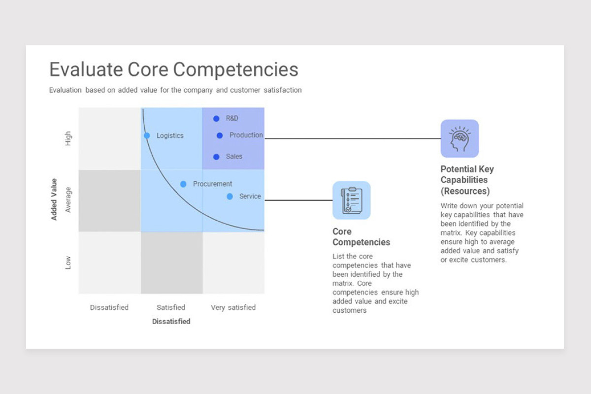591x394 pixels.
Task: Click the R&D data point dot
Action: pos(216,119)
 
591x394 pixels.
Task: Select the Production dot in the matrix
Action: pos(220,135)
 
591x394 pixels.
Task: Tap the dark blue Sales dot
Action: pos(216,157)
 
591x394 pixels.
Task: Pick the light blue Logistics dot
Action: pos(147,135)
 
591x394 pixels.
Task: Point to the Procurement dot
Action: pos(183,184)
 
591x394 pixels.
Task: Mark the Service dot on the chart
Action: pos(230,197)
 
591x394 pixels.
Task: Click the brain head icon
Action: pos(460,138)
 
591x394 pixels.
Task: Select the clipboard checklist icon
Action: pos(352,200)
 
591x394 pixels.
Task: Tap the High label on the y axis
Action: pos(68,138)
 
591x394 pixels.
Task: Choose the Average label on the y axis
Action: pos(68,200)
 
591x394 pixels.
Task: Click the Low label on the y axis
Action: pos(68,263)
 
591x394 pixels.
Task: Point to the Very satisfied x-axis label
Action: pos(233,307)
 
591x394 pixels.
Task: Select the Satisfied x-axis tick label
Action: pos(171,307)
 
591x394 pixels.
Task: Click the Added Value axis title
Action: pos(54,199)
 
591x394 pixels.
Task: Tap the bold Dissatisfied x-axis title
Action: pos(171,322)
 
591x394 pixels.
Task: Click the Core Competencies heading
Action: pos(361,237)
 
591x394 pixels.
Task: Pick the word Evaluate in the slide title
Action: pos(86,69)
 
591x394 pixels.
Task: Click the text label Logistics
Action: pos(170,135)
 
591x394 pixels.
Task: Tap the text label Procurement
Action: pos(212,184)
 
